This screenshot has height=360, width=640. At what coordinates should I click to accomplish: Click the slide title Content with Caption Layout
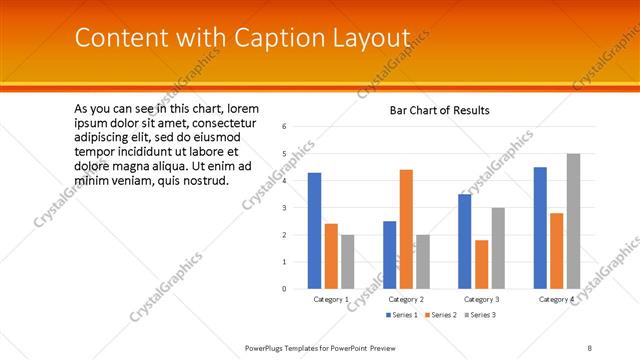[242, 38]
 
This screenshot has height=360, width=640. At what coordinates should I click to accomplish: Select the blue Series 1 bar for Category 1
[315, 230]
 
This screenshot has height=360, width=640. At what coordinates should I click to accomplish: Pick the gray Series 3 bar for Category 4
[573, 221]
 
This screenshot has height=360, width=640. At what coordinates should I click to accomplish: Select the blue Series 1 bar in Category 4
[540, 227]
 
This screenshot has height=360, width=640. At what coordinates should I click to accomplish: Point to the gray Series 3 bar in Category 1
[347, 261]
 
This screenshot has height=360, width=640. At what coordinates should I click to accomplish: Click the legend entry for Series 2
[439, 315]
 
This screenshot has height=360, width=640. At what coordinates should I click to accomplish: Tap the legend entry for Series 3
[476, 315]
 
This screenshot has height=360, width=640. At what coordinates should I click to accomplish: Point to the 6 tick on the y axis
[285, 127]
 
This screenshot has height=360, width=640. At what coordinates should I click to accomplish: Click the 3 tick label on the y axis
[285, 208]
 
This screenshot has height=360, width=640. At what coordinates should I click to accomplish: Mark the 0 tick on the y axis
[285, 289]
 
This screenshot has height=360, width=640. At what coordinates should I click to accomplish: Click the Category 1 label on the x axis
[331, 299]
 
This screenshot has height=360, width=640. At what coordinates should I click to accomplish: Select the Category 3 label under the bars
[481, 299]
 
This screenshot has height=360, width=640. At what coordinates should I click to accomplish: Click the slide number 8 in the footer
[590, 347]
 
